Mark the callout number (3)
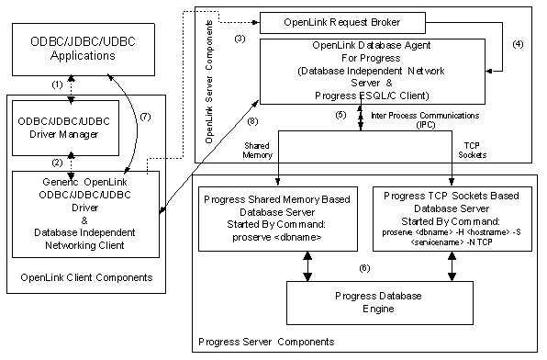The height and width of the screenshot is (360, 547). (x=240, y=39)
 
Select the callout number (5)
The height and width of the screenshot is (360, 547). (x=340, y=115)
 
